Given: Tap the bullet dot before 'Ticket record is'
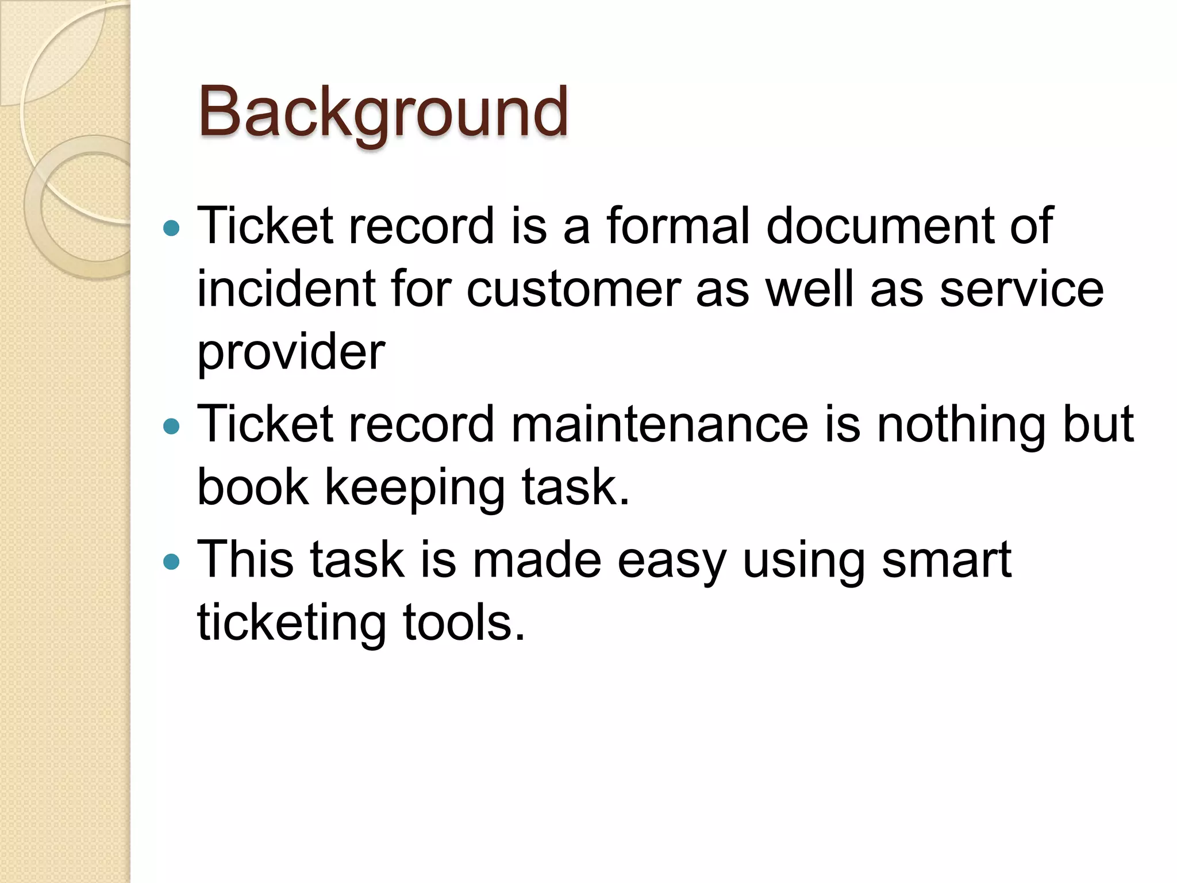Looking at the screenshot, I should coord(171,229).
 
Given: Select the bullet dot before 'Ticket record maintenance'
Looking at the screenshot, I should coord(171,427).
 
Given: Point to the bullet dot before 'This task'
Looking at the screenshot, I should coord(171,561).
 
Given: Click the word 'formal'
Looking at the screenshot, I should coord(678,225).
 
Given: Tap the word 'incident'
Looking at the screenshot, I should coord(286,289).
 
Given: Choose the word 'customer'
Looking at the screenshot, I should coord(574,289).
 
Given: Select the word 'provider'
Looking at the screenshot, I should coord(291,352).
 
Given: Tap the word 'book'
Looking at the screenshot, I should coord(253,487).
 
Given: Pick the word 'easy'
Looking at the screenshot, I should coord(671,560).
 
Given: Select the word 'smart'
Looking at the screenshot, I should coord(946,560).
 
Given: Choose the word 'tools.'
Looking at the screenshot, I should coord(464,623).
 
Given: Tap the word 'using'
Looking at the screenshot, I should coord(803,560).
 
